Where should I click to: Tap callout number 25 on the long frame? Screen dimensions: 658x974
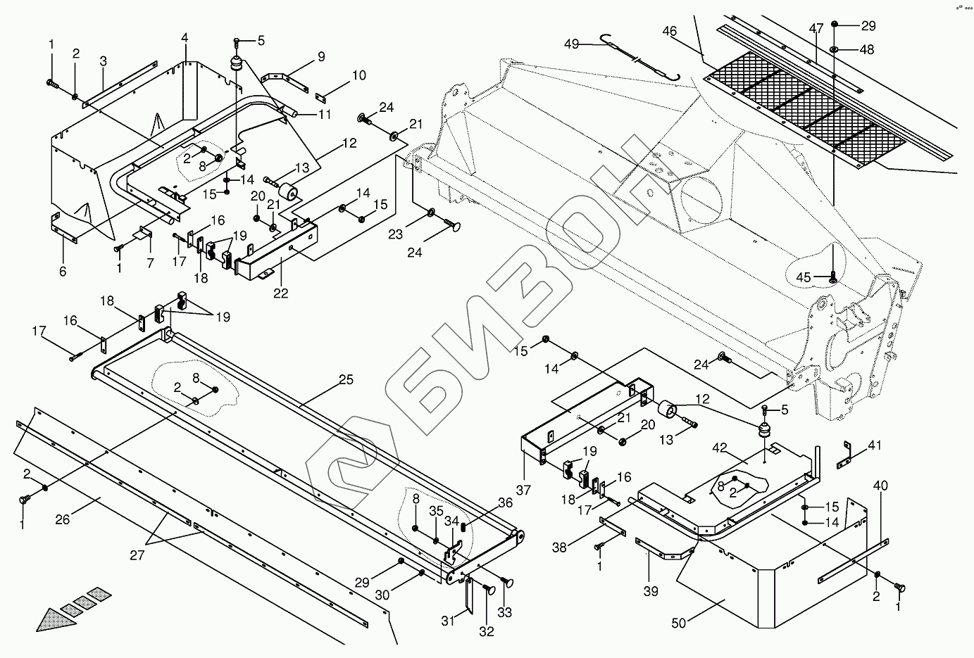click(345, 380)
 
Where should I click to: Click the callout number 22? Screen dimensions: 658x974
click(280, 293)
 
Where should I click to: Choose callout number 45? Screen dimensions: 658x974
click(803, 277)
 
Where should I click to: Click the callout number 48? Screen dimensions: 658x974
click(867, 50)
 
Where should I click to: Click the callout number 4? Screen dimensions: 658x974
click(185, 37)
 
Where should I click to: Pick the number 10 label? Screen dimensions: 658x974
click(358, 75)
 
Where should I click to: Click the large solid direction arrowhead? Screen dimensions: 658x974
click(50, 619)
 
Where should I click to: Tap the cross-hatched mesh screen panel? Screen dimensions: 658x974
click(803, 113)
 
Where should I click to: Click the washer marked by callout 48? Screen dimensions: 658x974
click(834, 49)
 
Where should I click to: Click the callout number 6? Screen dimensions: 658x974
click(63, 271)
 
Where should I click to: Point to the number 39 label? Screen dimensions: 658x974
click(651, 591)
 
